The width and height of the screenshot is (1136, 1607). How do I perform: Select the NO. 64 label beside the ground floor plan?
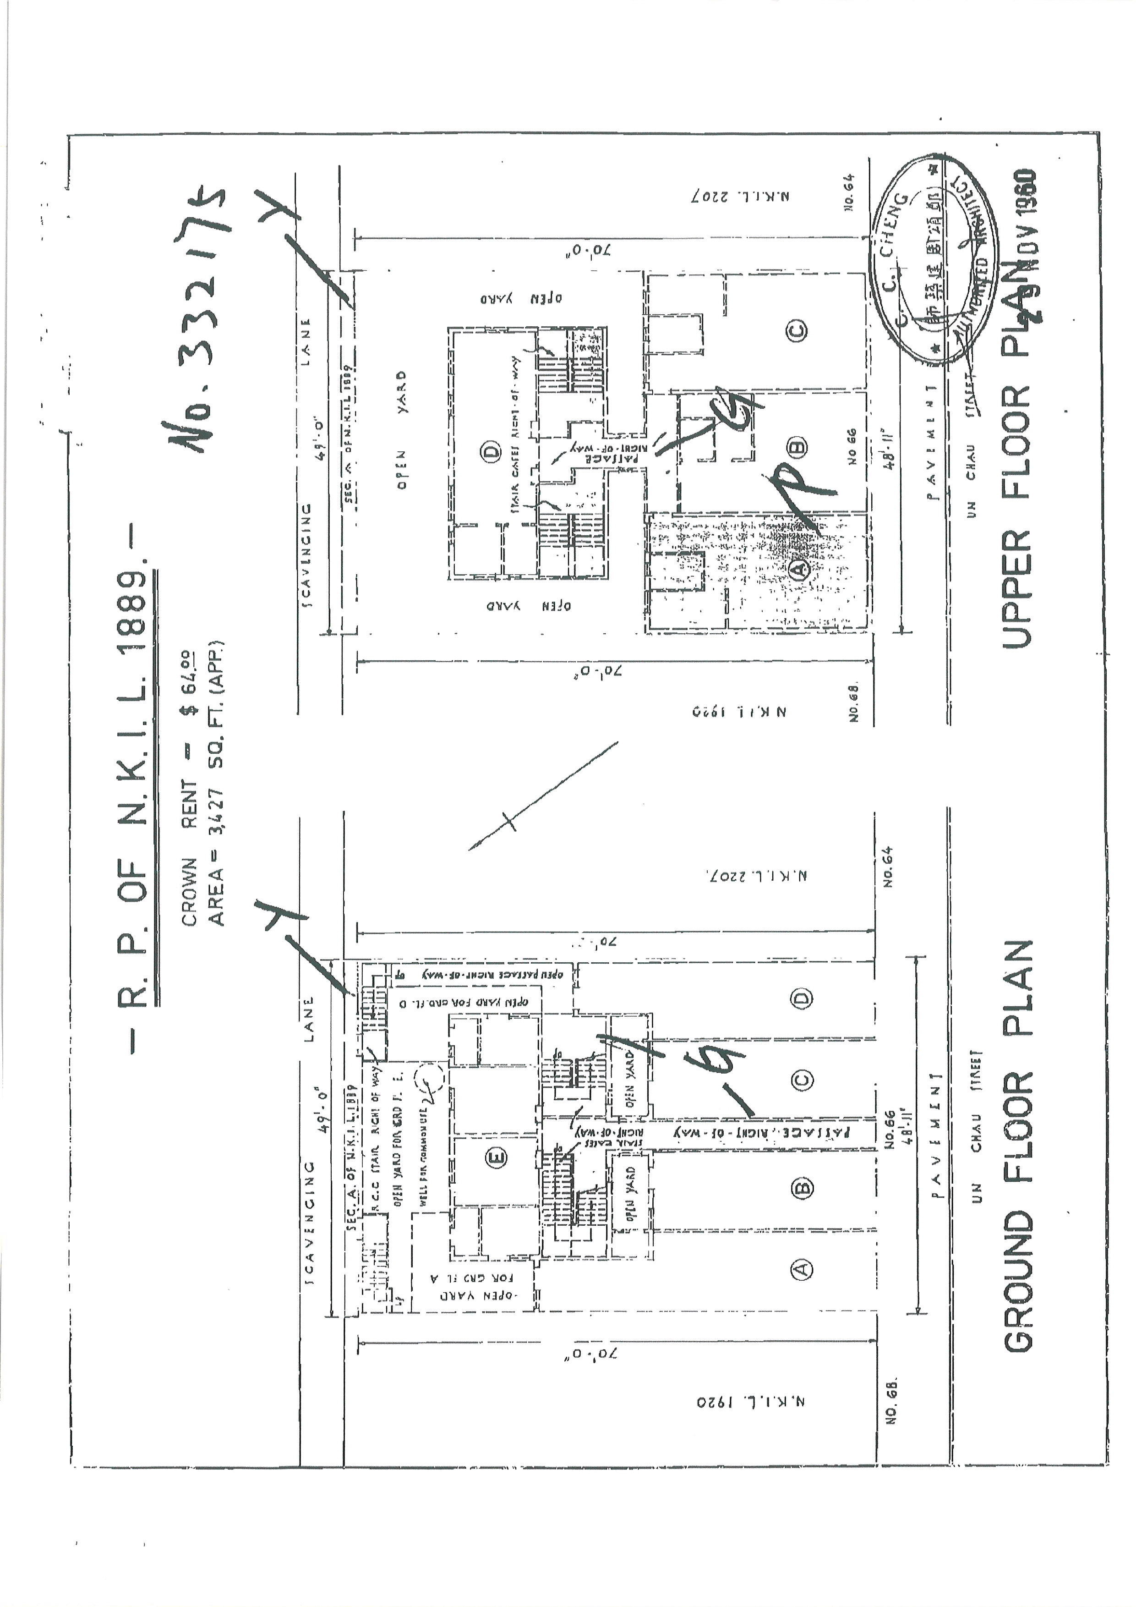888,868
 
